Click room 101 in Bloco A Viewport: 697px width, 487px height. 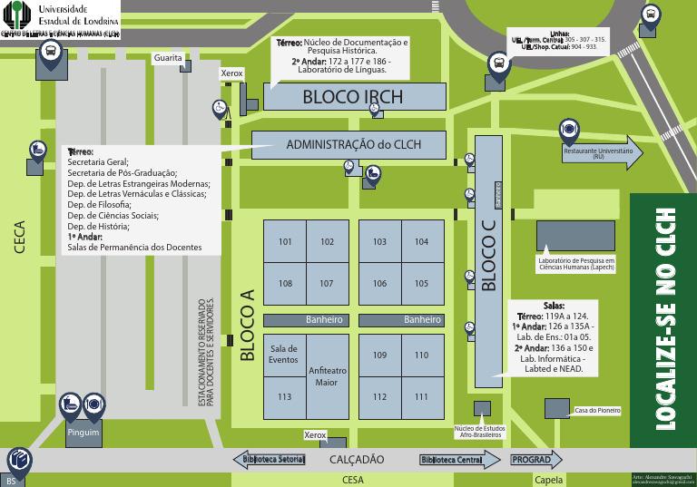click(x=285, y=242)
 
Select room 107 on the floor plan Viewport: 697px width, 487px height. click(x=327, y=284)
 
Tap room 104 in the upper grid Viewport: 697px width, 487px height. click(x=421, y=242)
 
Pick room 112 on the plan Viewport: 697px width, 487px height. click(x=379, y=396)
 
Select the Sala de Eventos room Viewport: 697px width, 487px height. click(x=284, y=354)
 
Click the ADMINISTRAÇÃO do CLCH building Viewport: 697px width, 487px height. click(x=349, y=145)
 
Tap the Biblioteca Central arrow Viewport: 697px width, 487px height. click(x=459, y=460)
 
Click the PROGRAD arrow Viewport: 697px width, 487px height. click(x=533, y=460)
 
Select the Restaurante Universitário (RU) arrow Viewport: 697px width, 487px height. click(x=600, y=154)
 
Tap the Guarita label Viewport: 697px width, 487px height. click(x=168, y=58)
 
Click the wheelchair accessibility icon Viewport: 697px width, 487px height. click(x=219, y=108)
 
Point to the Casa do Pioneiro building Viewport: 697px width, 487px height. click(x=596, y=411)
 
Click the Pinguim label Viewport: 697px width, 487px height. click(x=83, y=433)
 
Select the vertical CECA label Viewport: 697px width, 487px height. click(x=20, y=237)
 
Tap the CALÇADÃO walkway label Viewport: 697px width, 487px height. click(x=357, y=460)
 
